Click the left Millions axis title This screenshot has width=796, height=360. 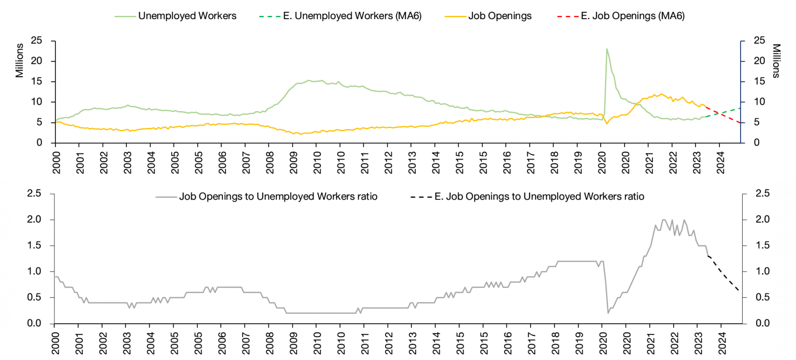(x=20, y=61)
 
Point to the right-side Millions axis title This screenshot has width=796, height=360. (x=776, y=61)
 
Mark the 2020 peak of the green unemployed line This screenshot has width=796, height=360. (x=607, y=49)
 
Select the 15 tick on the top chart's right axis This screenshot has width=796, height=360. (x=754, y=82)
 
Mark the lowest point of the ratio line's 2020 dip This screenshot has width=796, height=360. (x=608, y=313)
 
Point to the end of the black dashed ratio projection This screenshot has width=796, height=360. (x=740, y=292)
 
